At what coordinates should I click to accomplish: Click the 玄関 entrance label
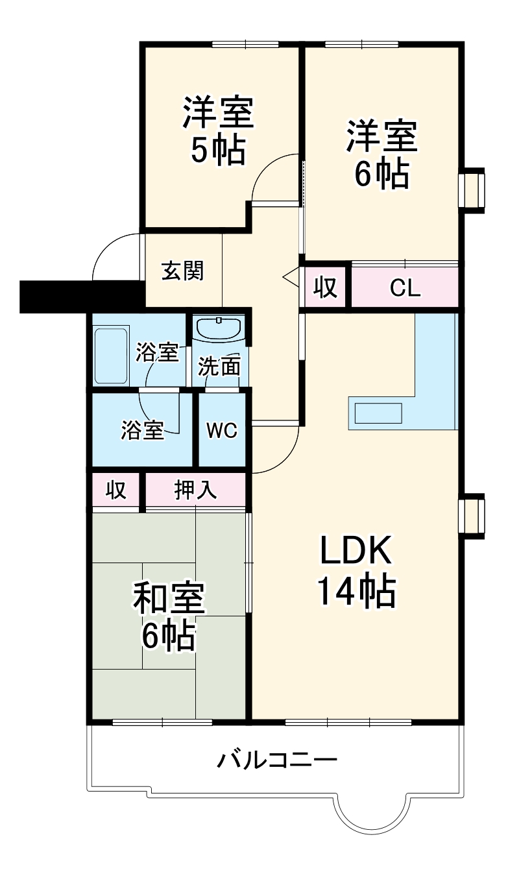click(x=182, y=271)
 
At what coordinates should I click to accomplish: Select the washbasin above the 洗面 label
click(x=219, y=328)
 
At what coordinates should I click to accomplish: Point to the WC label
click(x=222, y=430)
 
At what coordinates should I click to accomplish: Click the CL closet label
click(x=405, y=288)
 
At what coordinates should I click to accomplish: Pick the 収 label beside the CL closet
click(x=326, y=288)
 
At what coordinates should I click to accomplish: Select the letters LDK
click(x=355, y=551)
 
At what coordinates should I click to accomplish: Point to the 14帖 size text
click(x=356, y=590)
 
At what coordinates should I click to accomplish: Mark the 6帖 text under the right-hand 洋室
click(x=381, y=173)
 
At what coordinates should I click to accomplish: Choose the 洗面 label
click(x=219, y=367)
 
